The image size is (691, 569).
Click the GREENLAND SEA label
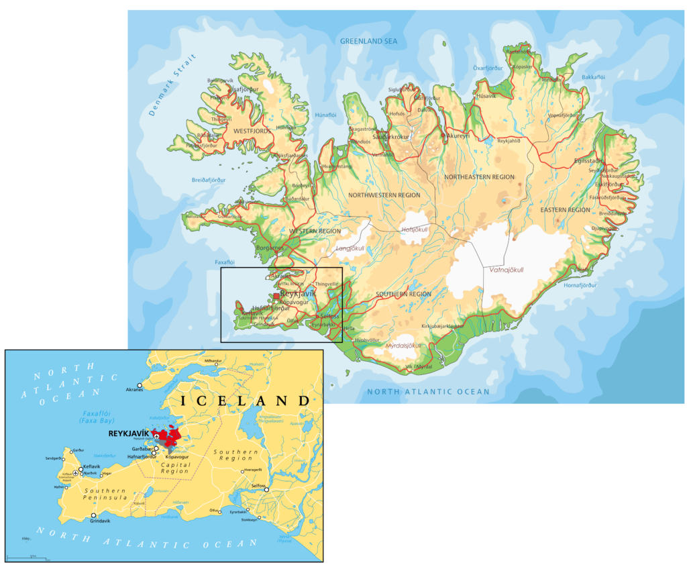(x=368, y=42)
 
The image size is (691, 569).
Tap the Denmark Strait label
(x=170, y=86)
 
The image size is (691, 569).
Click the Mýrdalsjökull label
(x=403, y=346)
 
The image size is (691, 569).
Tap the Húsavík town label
(x=486, y=96)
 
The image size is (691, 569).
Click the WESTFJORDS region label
(x=252, y=131)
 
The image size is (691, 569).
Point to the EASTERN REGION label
(x=565, y=210)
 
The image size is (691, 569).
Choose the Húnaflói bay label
(x=325, y=115)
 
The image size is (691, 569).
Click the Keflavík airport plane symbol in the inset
(x=75, y=473)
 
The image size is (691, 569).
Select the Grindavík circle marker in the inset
(x=93, y=516)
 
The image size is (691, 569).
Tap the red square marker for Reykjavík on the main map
(x=276, y=295)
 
